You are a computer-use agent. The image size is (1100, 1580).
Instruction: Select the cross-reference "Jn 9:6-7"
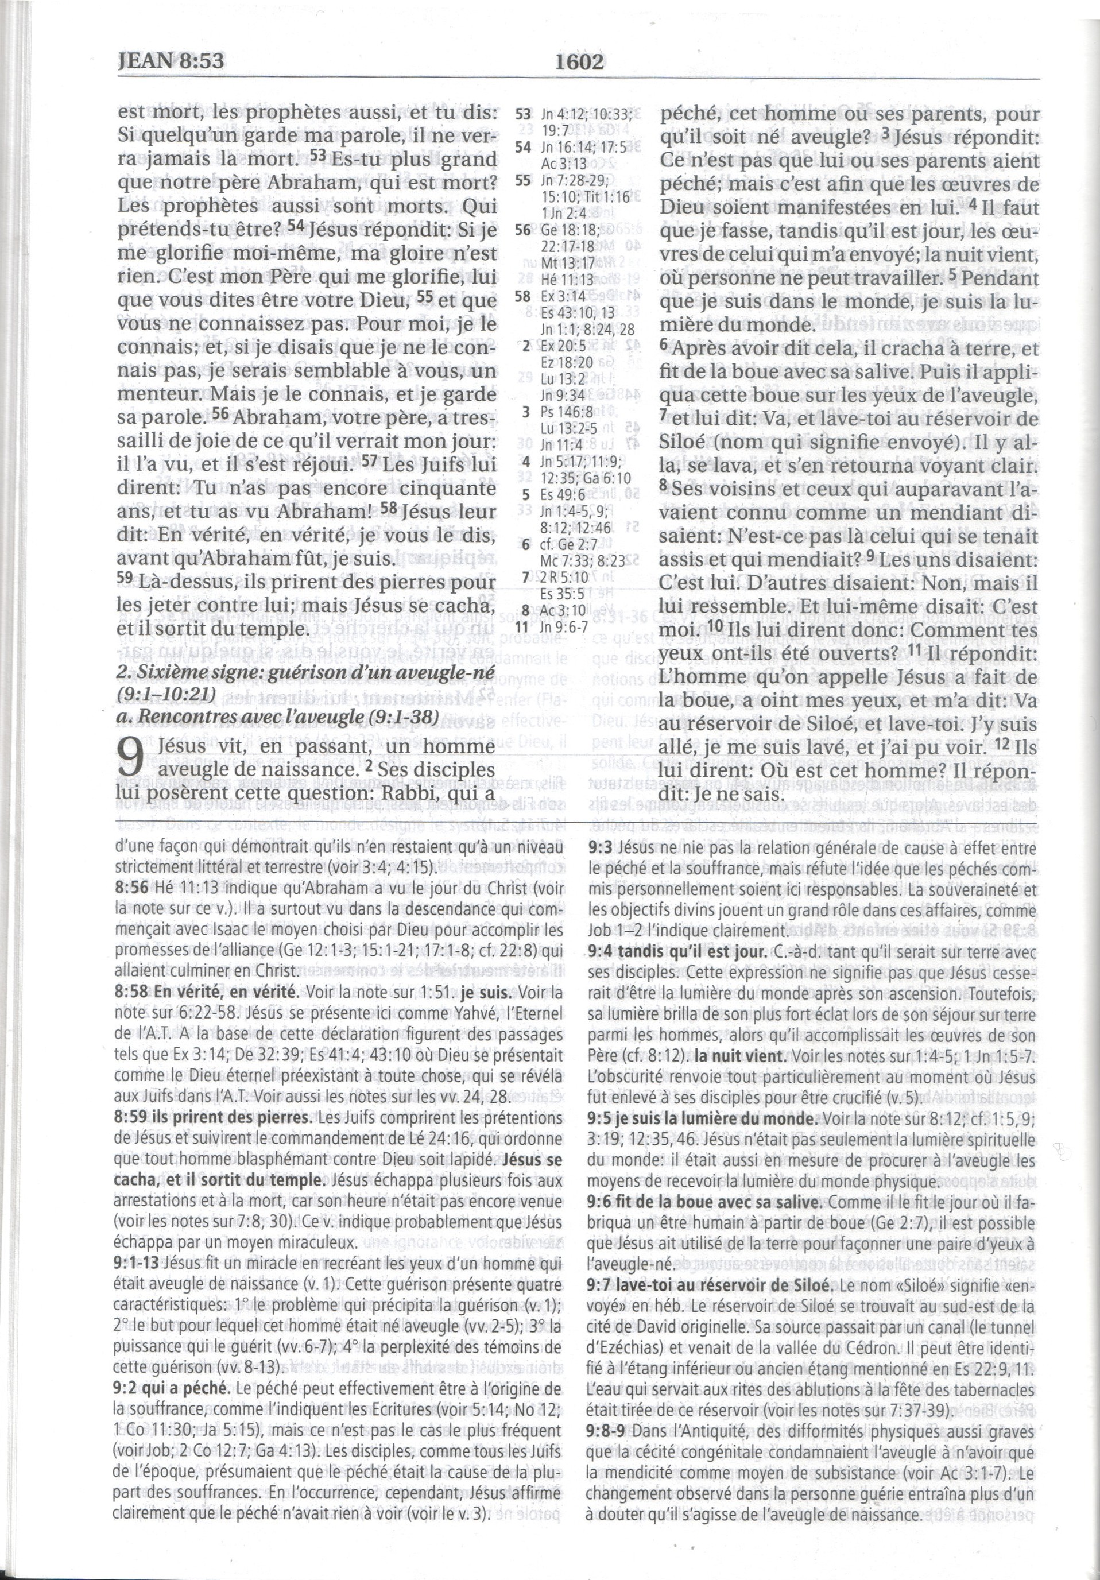click(565, 627)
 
